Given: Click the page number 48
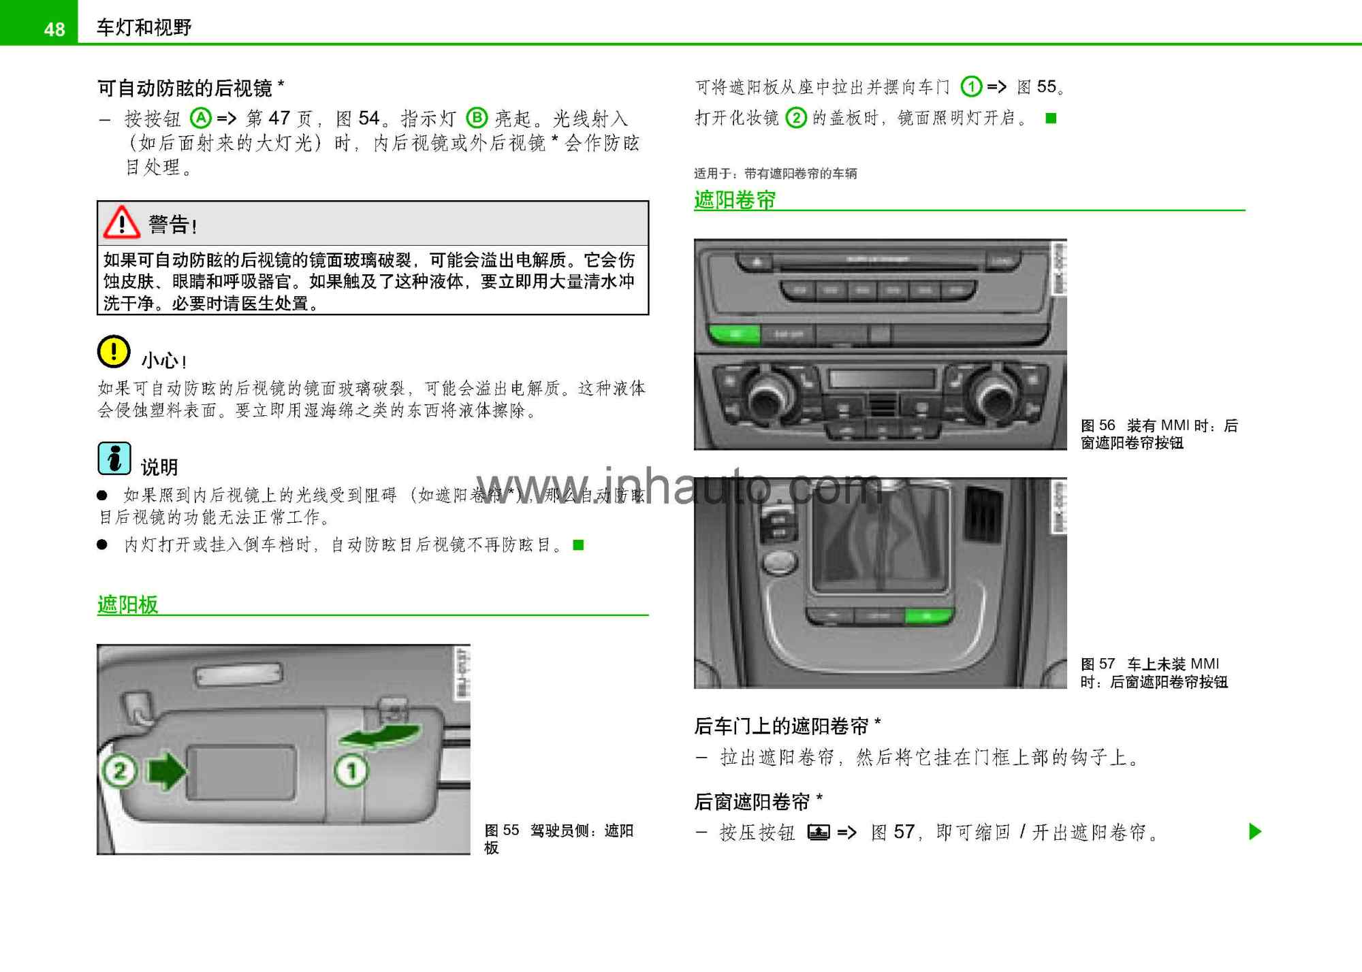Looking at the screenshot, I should [54, 29].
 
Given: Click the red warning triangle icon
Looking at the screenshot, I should [121, 223].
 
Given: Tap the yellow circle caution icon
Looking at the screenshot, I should [114, 352].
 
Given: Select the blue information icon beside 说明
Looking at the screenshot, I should [114, 458].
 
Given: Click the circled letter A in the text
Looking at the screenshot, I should [200, 118].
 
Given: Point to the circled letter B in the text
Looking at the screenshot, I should [477, 118].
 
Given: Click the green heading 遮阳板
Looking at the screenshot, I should [127, 604].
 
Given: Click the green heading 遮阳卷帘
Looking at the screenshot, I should [734, 199].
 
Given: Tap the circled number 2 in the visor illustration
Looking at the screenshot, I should [120, 771].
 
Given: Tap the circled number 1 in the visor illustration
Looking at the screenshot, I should [351, 771].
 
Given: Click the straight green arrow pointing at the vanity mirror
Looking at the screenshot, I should [166, 771].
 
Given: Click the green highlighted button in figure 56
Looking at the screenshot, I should [734, 334].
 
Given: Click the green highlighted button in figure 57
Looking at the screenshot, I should [928, 617].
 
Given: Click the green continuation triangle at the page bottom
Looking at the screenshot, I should [1254, 831].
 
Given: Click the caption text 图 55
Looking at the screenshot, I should [501, 830].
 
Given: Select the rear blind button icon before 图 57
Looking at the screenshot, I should [818, 832].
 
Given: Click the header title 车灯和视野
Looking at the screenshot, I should [144, 27].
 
